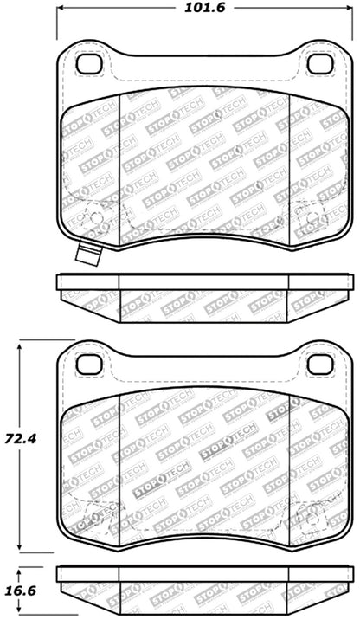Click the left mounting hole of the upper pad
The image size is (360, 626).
pos(88,64)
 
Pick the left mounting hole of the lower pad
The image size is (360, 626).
pos(88,364)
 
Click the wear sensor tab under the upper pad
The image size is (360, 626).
pos(87,255)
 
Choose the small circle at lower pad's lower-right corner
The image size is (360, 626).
pos(309,517)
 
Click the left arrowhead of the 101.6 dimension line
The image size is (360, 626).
pos(62,11)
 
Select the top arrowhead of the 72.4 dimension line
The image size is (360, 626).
pos(22,345)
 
